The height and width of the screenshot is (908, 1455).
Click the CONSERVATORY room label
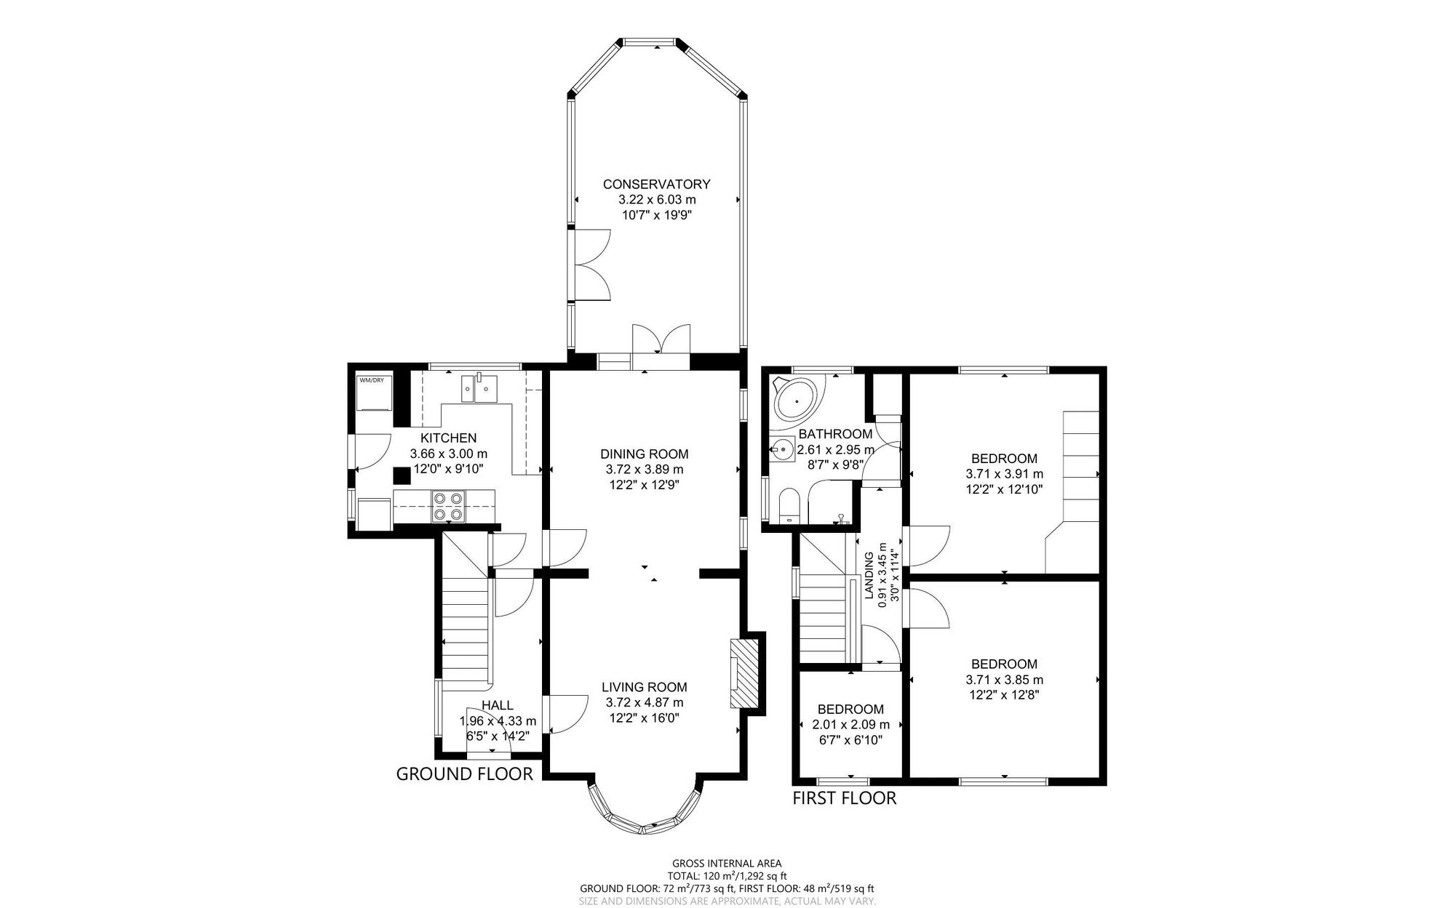[655, 184]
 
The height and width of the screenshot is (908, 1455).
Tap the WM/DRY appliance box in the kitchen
[375, 397]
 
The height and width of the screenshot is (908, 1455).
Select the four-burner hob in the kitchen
[448, 506]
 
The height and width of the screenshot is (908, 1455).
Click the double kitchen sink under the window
[477, 388]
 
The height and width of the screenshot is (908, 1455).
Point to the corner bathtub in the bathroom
[794, 399]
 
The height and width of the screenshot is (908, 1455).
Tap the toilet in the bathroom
[789, 505]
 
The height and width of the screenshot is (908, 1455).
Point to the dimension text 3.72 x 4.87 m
[644, 702]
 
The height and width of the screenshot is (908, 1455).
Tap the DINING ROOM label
[644, 454]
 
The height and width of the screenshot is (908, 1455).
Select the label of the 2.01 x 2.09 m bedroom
[850, 709]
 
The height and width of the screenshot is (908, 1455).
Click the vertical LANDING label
[869, 576]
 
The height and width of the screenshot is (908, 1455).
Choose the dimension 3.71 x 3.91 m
[1004, 474]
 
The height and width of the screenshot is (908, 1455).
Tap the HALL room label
[498, 705]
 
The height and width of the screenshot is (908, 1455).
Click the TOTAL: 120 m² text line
[727, 876]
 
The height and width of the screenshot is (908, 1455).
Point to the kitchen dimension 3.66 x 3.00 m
[448, 454]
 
